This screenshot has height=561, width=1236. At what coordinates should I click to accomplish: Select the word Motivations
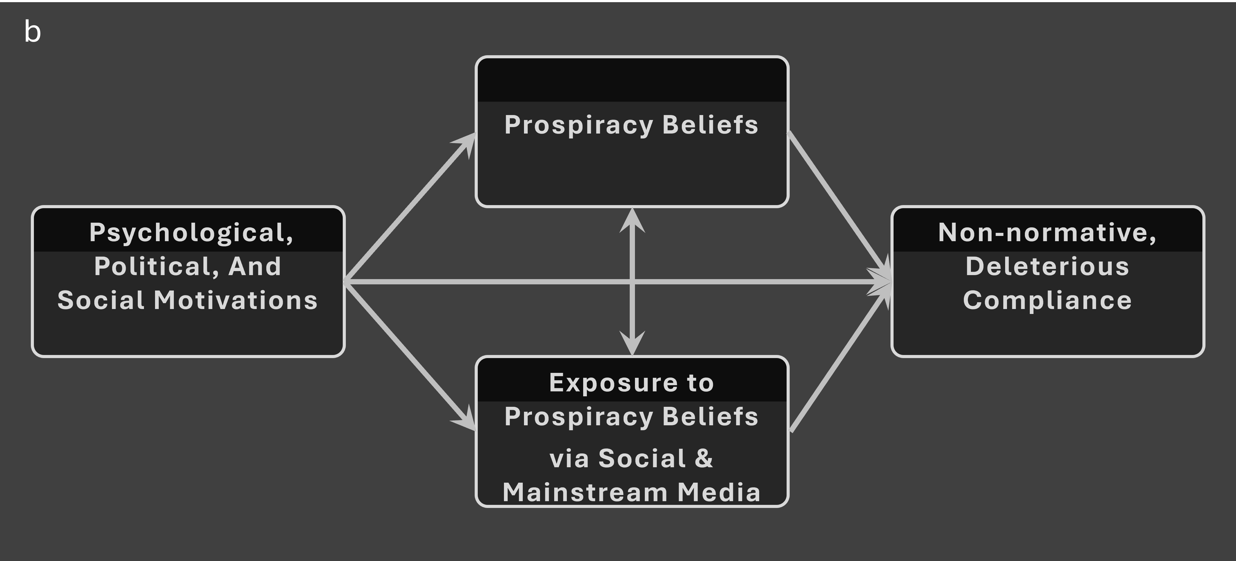pos(235,300)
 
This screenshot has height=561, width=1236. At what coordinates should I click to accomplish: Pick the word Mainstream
pos(585,492)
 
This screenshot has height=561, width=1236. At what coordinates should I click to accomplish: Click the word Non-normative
pos(1047,233)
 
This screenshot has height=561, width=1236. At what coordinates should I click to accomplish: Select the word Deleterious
pos(1047,266)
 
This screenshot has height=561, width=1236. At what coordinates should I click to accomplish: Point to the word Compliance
pos(1047,300)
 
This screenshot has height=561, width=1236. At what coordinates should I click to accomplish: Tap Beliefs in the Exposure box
pos(710,417)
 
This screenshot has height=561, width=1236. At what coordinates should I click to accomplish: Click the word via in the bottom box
pos(569,458)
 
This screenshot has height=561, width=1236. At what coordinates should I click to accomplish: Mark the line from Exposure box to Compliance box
pos(840,357)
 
